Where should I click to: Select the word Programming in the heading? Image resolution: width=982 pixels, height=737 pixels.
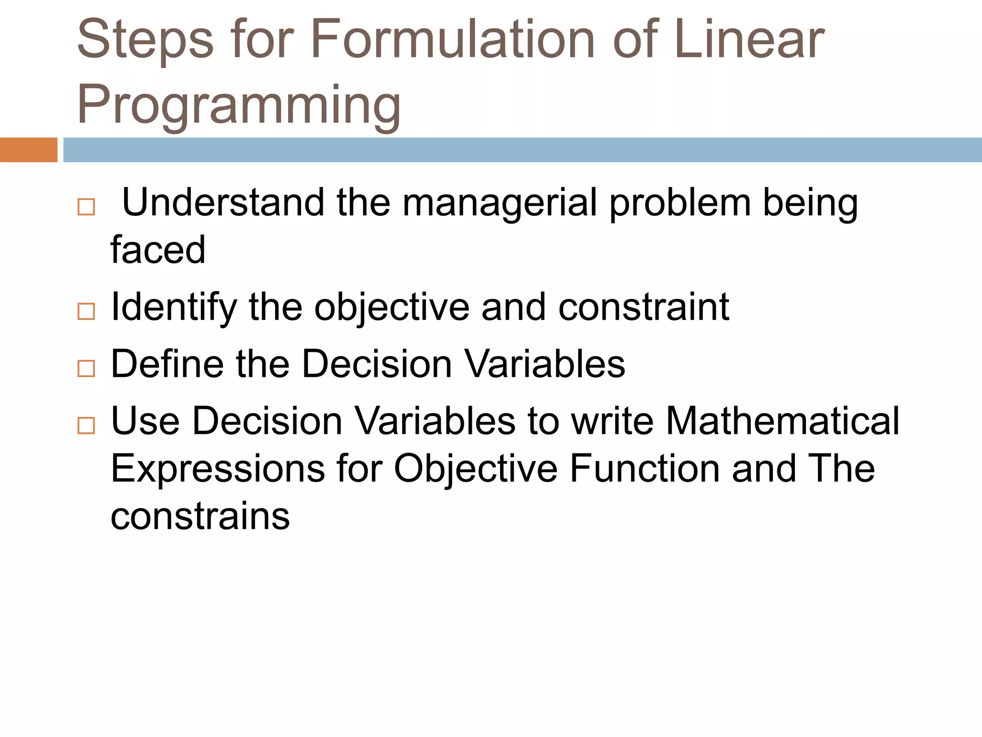coord(239,105)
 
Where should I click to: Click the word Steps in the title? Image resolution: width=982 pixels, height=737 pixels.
coord(145,40)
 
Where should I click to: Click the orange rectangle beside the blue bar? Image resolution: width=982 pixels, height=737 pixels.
coord(28,150)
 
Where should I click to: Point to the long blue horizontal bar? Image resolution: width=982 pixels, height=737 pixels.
coord(522,150)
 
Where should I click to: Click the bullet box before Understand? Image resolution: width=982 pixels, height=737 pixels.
coord(86,207)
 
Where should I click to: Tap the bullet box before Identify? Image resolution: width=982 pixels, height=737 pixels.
coord(86,311)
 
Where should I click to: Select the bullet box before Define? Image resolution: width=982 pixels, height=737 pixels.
coord(86,368)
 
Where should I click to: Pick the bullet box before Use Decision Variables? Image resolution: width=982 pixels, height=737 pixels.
coord(86,425)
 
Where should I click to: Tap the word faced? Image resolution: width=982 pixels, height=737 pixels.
coord(158,250)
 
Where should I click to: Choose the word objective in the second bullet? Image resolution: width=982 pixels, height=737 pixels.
coord(392,308)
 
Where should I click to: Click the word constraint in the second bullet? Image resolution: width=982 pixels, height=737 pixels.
coord(643,307)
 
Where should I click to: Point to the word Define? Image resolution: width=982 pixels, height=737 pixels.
coord(167,364)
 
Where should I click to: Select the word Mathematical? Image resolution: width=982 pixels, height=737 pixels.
coord(783,421)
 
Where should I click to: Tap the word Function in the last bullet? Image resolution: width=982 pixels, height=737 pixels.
coord(645,468)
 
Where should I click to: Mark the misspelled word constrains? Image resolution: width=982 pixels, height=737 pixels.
coord(200,516)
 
